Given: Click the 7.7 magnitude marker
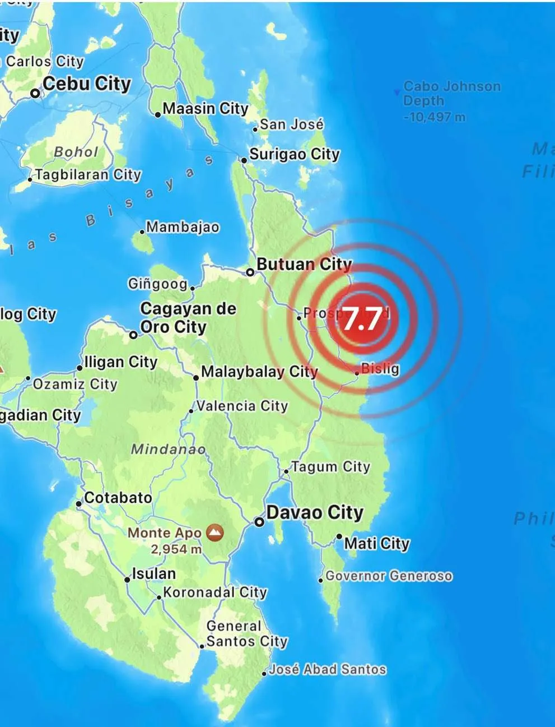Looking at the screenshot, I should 361,318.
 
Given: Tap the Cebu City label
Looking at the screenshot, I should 86,84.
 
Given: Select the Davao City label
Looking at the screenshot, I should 315,512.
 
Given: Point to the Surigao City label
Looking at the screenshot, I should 295,154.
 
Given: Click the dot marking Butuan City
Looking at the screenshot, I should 250,272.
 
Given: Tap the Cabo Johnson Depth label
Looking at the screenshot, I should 451,94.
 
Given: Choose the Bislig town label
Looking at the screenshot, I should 380,368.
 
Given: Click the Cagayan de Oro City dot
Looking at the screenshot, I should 133,335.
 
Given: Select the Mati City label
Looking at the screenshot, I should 377,543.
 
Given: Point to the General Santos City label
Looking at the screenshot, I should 246,633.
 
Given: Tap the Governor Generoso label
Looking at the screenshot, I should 389,576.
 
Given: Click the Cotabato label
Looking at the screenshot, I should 118,498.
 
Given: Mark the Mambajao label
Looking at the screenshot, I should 183,227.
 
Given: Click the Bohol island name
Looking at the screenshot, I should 76,152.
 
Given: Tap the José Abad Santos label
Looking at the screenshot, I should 328,669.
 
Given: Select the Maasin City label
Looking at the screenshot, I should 205,109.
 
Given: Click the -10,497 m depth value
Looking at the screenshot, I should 435,117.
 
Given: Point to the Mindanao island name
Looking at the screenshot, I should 168,449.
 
